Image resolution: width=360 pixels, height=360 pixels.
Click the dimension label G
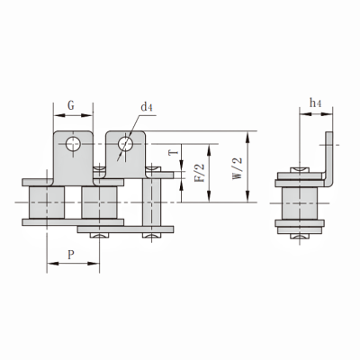click(x=70, y=105)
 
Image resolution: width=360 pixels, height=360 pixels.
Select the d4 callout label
click(x=147, y=107)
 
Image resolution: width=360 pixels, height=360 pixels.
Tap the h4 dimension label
click(x=315, y=104)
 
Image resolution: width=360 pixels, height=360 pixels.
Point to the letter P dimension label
click(x=70, y=255)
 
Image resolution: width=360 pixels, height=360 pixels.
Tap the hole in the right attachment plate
click(x=127, y=142)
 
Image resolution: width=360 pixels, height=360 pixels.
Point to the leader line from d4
click(x=135, y=125)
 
